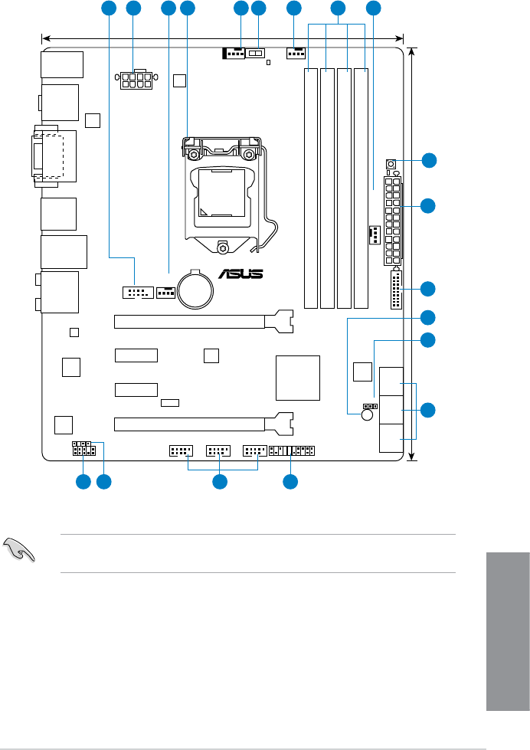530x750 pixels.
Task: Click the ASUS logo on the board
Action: [x=241, y=274]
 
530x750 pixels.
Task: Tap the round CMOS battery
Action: [x=195, y=289]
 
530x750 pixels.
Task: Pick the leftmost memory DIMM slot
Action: [x=312, y=188]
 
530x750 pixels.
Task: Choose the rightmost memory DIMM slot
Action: [x=362, y=188]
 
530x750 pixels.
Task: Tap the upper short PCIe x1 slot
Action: [x=136, y=355]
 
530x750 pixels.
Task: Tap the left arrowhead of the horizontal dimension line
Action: [x=45, y=36]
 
